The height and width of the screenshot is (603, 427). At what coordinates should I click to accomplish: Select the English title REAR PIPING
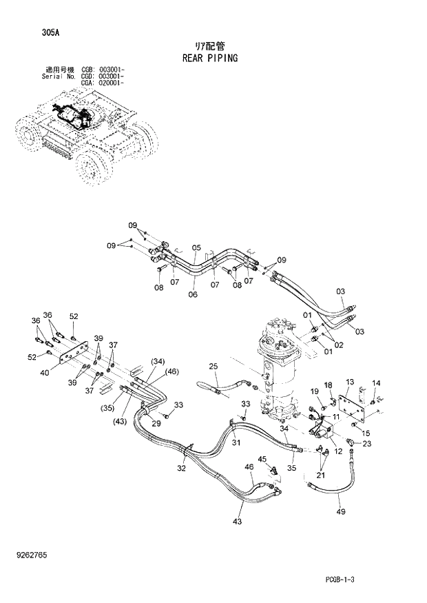(210, 58)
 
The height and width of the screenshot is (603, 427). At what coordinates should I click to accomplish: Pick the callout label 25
(213, 366)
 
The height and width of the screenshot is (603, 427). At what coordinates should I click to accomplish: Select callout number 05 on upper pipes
(196, 248)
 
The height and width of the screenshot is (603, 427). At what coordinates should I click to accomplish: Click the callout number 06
(192, 294)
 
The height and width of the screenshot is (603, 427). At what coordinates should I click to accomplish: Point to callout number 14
(376, 383)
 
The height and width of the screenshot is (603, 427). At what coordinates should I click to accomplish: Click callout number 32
(182, 469)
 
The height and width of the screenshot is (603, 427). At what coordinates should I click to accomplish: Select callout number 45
(262, 459)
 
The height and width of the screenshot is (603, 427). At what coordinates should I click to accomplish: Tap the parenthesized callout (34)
(158, 362)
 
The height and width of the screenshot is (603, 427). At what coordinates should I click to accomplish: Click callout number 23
(366, 444)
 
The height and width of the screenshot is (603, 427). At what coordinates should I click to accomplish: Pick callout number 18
(329, 385)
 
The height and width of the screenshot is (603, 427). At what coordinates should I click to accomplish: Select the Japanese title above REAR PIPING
(210, 45)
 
